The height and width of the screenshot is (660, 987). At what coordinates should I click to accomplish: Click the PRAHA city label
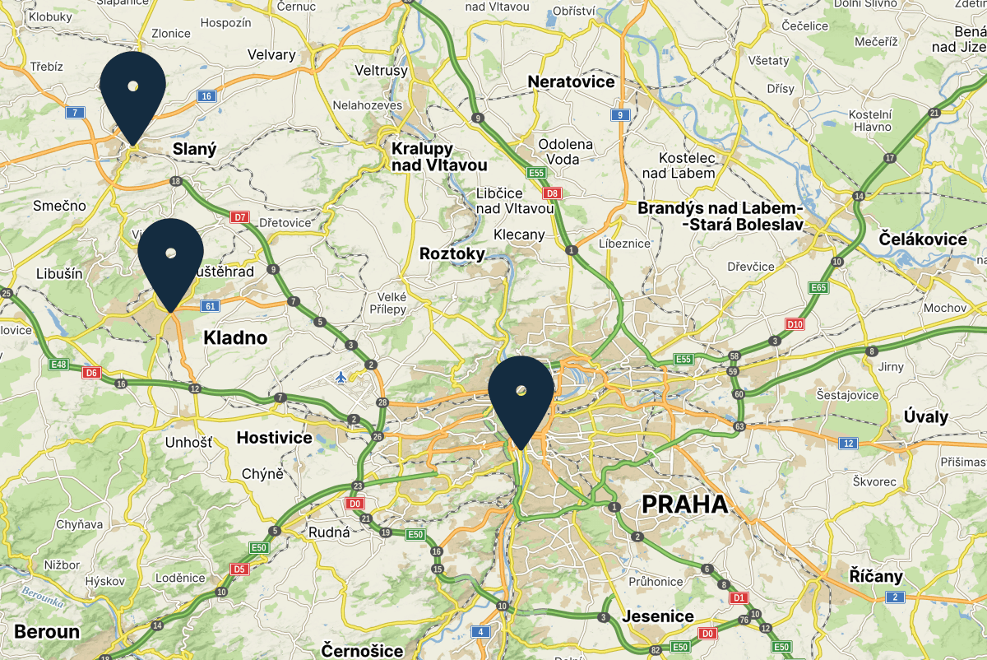(x=684, y=504)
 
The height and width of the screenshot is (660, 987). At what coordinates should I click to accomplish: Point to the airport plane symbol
(x=342, y=377)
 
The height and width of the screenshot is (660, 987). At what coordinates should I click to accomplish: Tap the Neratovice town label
(x=571, y=82)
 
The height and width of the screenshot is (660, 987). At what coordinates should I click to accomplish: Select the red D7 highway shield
(x=239, y=217)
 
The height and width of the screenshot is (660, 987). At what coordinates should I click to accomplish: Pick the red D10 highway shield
(x=795, y=324)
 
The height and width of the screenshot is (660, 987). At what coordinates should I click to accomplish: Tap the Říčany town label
(x=877, y=576)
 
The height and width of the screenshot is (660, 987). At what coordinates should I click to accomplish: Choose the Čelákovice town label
(x=923, y=239)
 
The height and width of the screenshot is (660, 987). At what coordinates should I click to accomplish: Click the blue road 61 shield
(x=211, y=306)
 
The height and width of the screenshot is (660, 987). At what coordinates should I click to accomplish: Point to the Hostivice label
(x=274, y=438)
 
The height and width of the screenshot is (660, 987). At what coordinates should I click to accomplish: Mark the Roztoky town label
(x=452, y=253)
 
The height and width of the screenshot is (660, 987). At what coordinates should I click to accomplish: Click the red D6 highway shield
(x=91, y=373)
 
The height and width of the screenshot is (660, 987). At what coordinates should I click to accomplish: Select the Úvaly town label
(x=925, y=416)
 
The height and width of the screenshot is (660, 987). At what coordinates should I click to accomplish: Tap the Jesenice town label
(x=658, y=616)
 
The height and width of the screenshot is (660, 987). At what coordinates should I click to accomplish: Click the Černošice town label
(x=363, y=650)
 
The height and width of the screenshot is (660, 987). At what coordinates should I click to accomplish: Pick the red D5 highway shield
(x=239, y=569)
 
